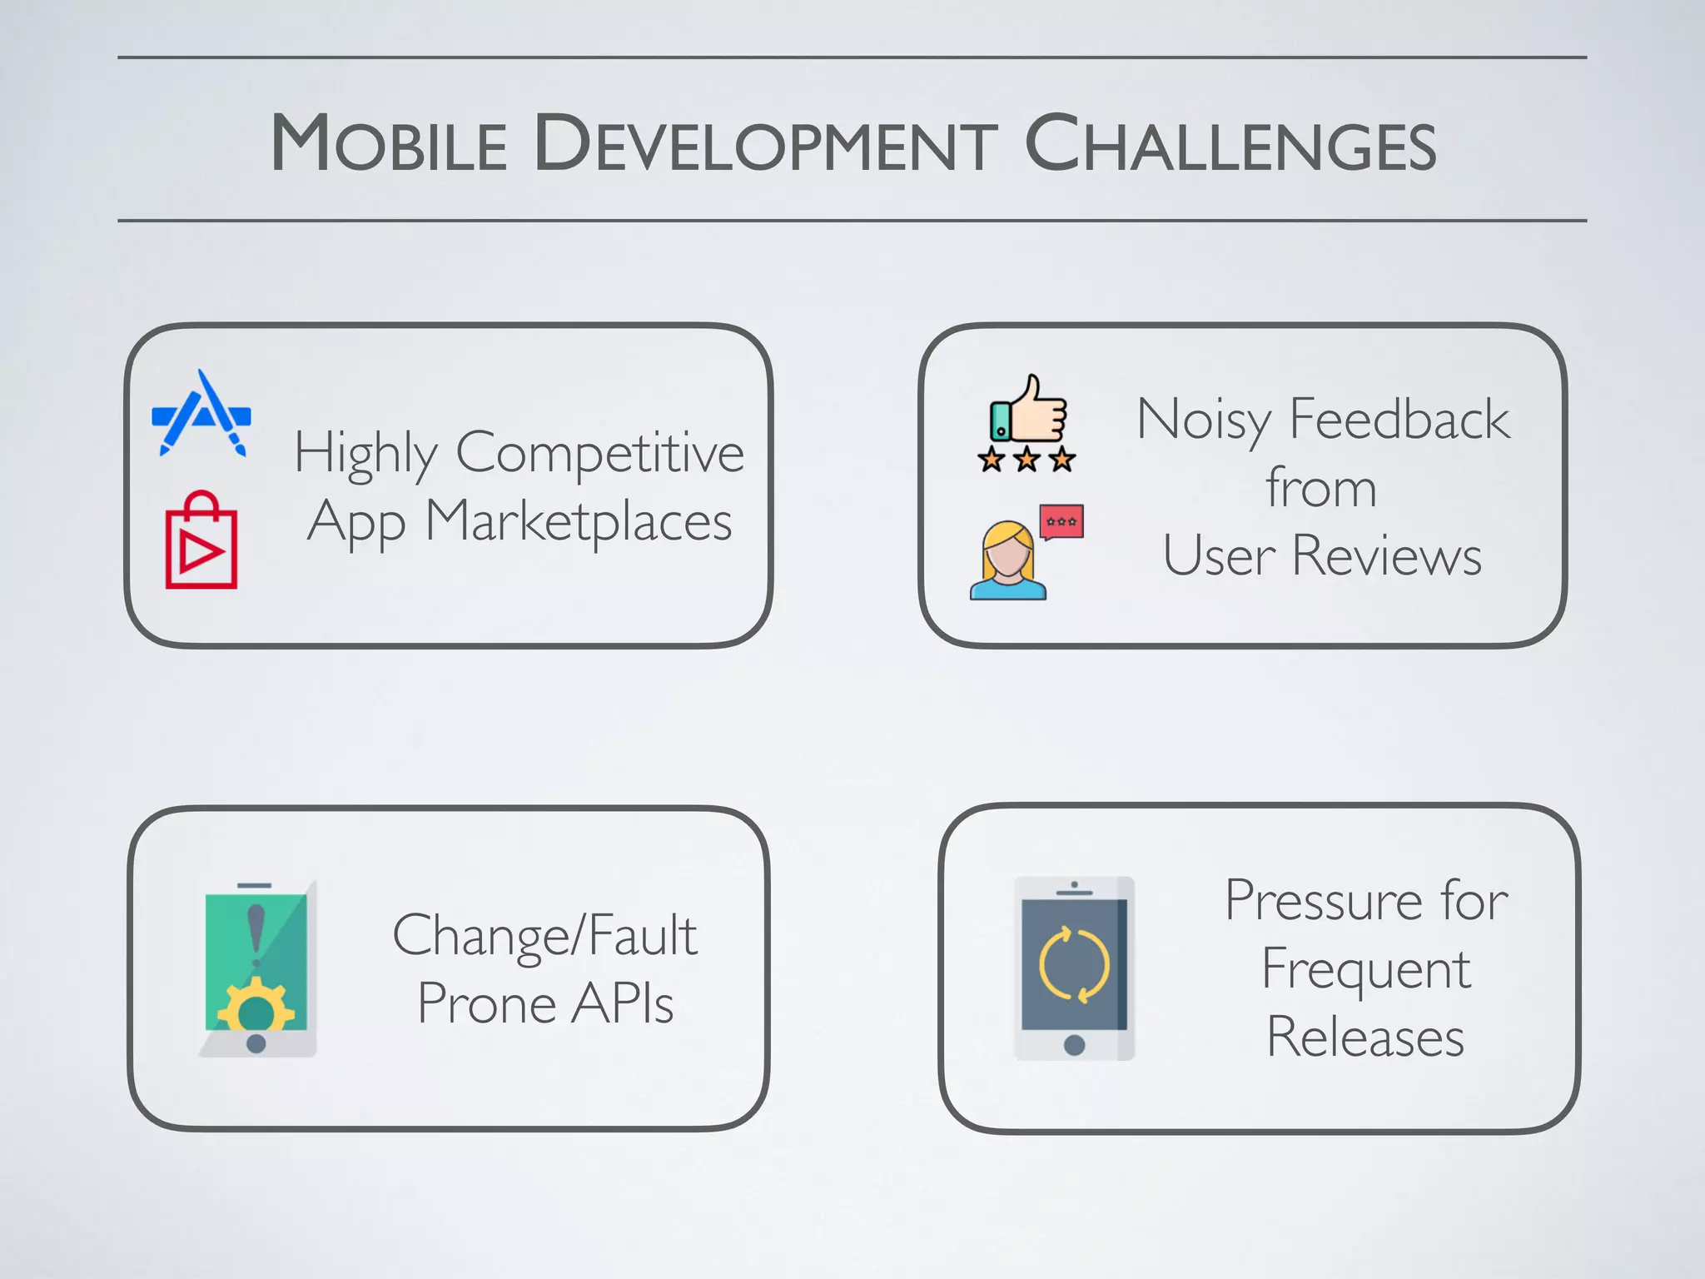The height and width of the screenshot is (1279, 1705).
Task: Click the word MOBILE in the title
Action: (x=389, y=143)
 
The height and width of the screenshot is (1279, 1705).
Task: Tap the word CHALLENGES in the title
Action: (x=1230, y=143)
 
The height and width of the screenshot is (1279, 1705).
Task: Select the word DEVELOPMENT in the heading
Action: (x=765, y=143)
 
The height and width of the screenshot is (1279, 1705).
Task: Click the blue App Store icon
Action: (x=201, y=414)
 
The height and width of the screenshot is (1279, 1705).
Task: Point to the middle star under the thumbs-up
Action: (x=1026, y=459)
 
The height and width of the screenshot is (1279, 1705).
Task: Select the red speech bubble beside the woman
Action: (x=1061, y=522)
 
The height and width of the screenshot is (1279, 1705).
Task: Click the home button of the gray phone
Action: (x=1074, y=1044)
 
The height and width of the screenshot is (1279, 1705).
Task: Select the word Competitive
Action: (x=599, y=454)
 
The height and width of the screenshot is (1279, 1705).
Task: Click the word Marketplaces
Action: (x=579, y=522)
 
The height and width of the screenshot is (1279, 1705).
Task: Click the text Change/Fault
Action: (x=544, y=936)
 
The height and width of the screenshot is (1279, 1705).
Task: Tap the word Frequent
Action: (x=1365, y=969)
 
